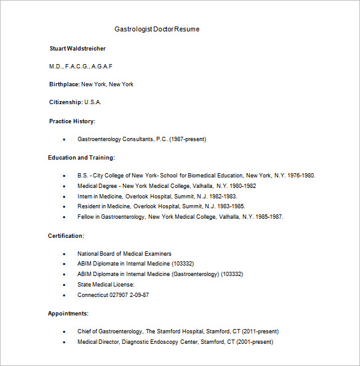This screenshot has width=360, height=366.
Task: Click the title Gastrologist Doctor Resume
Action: pos(157,29)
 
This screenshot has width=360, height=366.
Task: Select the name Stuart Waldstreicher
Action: pos(78,48)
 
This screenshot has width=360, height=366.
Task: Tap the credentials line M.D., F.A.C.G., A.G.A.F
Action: pos(81,66)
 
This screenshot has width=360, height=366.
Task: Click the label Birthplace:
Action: pos(65,84)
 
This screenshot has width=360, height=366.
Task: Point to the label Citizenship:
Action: pos(66,102)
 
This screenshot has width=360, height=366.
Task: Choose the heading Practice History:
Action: pos(72,121)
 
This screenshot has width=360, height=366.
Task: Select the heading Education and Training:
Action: pos(81,158)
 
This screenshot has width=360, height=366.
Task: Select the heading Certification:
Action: pos(66,236)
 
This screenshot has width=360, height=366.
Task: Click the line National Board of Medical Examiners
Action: pos(124,254)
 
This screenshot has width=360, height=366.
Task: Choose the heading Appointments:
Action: pos(68,314)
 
